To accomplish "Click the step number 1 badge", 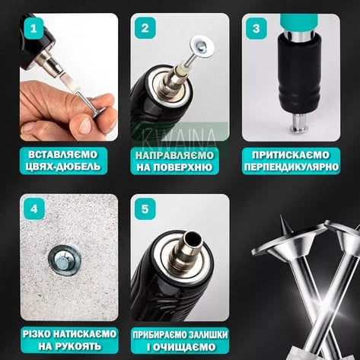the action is (x=33, y=28).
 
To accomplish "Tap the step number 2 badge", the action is (x=145, y=28).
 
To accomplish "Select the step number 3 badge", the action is (x=256, y=28).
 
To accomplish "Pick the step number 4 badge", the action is (x=33, y=209).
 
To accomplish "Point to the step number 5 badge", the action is (x=145, y=209).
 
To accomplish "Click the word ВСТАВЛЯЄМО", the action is (x=62, y=155).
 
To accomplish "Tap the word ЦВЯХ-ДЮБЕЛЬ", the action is (x=63, y=167).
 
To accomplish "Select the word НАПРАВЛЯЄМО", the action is (x=174, y=155).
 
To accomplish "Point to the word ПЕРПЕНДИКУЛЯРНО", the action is (x=292, y=167).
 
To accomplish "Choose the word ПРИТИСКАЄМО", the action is (x=291, y=155).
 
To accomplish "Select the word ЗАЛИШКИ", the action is (x=205, y=335).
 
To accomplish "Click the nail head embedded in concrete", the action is (x=62, y=262).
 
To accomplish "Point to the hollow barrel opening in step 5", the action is (x=192, y=239).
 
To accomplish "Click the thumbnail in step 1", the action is (x=85, y=126).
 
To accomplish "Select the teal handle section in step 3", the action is (x=298, y=22).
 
